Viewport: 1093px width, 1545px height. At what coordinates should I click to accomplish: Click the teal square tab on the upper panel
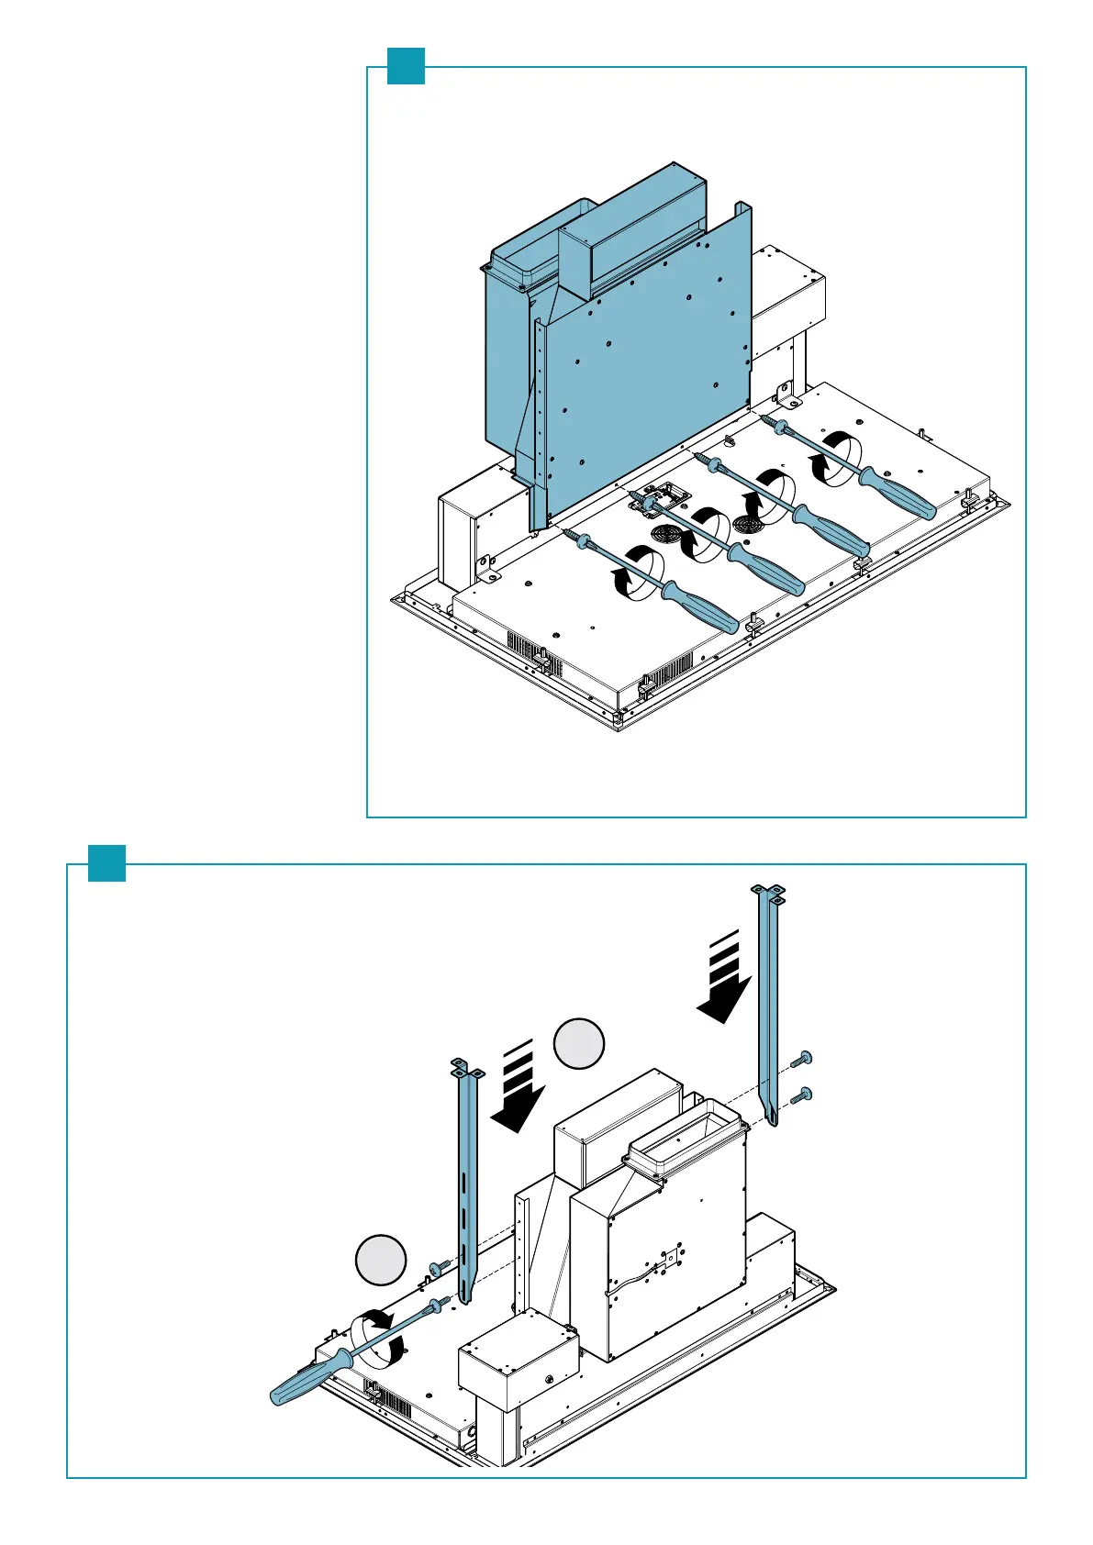(x=406, y=66)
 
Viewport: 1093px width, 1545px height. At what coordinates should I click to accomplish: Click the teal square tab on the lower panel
(x=106, y=862)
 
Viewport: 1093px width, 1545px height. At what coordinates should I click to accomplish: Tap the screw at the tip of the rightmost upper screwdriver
(x=769, y=422)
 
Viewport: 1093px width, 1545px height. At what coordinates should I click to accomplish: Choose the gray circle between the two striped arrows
(x=579, y=1043)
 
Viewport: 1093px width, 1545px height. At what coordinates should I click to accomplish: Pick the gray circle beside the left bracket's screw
(x=381, y=1261)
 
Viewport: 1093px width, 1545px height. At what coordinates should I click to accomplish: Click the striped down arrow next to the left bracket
(x=519, y=1088)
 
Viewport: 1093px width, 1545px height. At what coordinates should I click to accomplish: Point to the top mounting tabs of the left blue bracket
(x=466, y=1067)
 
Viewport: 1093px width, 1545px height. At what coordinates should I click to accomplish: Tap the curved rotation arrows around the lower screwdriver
(x=376, y=1336)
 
